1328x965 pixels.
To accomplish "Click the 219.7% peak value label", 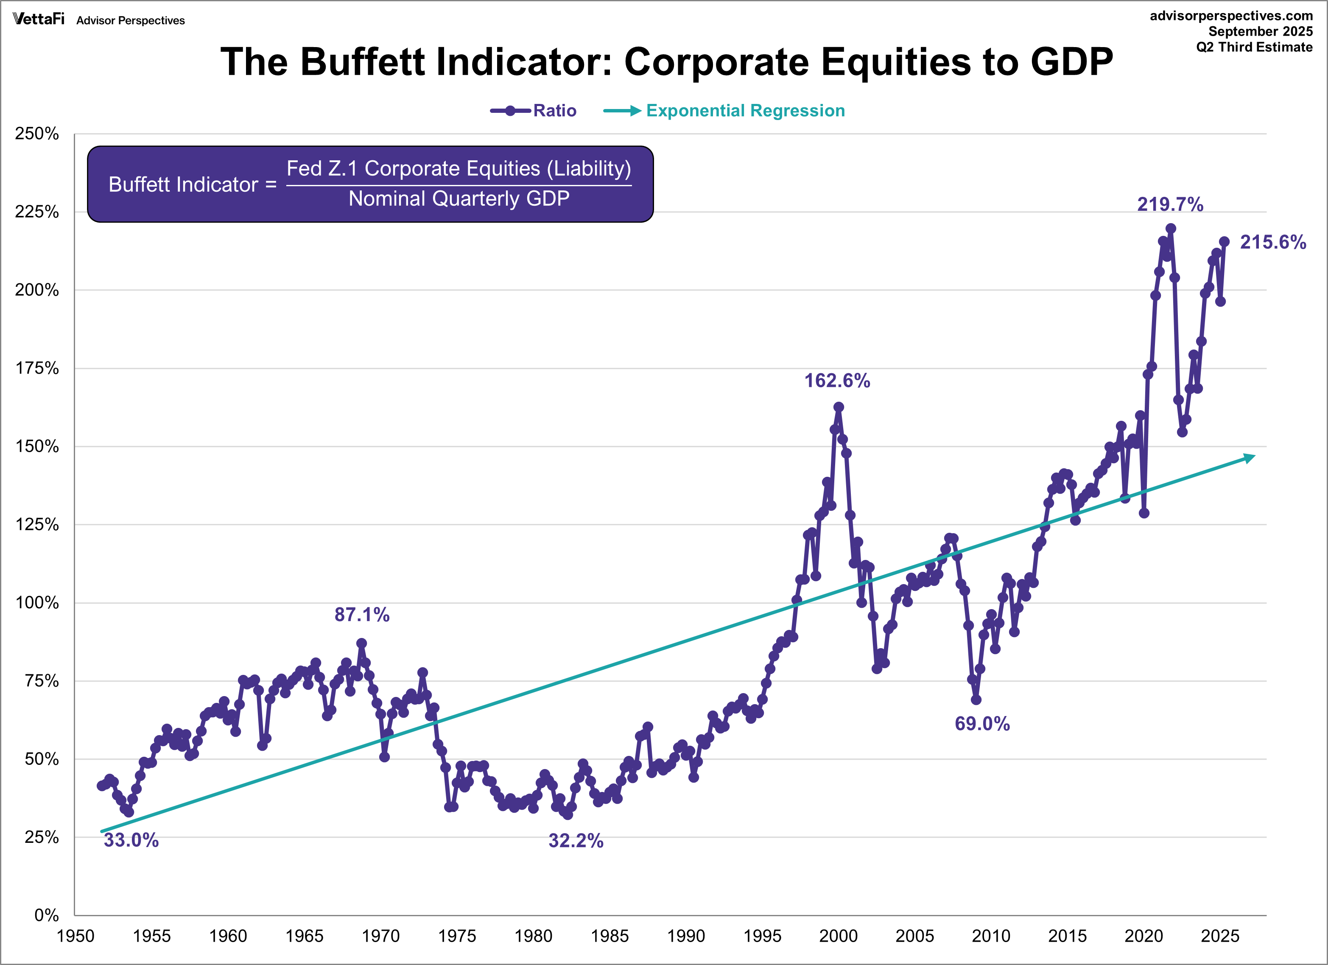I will [1170, 204].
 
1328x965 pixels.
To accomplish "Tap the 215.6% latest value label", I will [1273, 242].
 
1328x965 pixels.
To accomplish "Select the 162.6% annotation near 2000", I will [837, 380].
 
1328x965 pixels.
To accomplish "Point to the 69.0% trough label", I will [982, 724].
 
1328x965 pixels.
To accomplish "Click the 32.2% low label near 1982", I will [576, 841].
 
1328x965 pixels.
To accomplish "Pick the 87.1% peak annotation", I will [362, 614].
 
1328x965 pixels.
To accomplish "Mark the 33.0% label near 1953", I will [131, 840].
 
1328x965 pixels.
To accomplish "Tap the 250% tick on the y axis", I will [37, 134].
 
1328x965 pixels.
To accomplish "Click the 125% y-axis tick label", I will [37, 525].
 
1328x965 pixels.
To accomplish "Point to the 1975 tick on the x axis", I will [457, 936].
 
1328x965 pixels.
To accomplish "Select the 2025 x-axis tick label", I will [1220, 936].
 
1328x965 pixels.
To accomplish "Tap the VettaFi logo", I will [39, 20].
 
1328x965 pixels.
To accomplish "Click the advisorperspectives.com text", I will [1231, 16].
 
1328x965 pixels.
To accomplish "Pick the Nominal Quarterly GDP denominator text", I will [459, 199].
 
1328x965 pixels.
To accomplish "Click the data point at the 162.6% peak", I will [839, 407].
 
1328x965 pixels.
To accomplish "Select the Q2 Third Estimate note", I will [1254, 48].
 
